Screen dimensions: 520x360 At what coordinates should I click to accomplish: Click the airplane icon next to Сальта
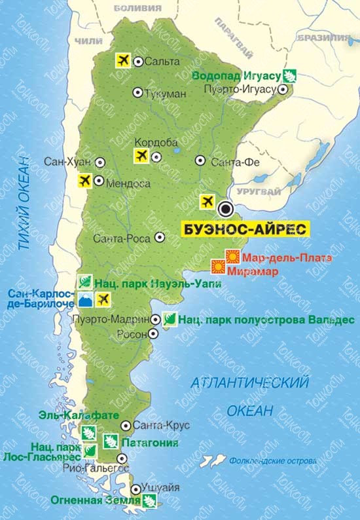click(121, 60)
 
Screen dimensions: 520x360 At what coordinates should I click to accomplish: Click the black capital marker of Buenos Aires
click(226, 210)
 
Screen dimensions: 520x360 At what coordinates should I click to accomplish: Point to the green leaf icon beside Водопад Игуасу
click(290, 75)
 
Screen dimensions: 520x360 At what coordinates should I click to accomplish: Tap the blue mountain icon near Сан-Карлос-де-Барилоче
click(84, 301)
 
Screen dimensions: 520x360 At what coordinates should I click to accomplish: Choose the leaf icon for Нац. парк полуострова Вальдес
click(168, 320)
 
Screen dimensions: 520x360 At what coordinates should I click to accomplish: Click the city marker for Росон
click(153, 333)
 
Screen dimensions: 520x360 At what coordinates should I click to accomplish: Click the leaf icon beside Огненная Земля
click(151, 502)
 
